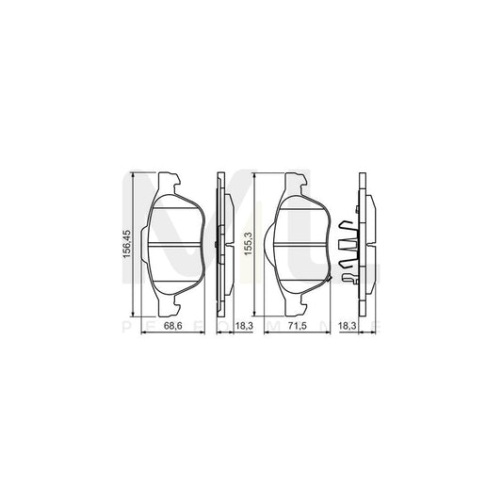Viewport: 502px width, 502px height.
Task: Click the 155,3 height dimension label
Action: (x=250, y=247)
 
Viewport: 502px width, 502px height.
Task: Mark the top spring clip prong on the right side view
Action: (x=348, y=227)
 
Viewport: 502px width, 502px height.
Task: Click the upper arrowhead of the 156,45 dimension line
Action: (x=134, y=176)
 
